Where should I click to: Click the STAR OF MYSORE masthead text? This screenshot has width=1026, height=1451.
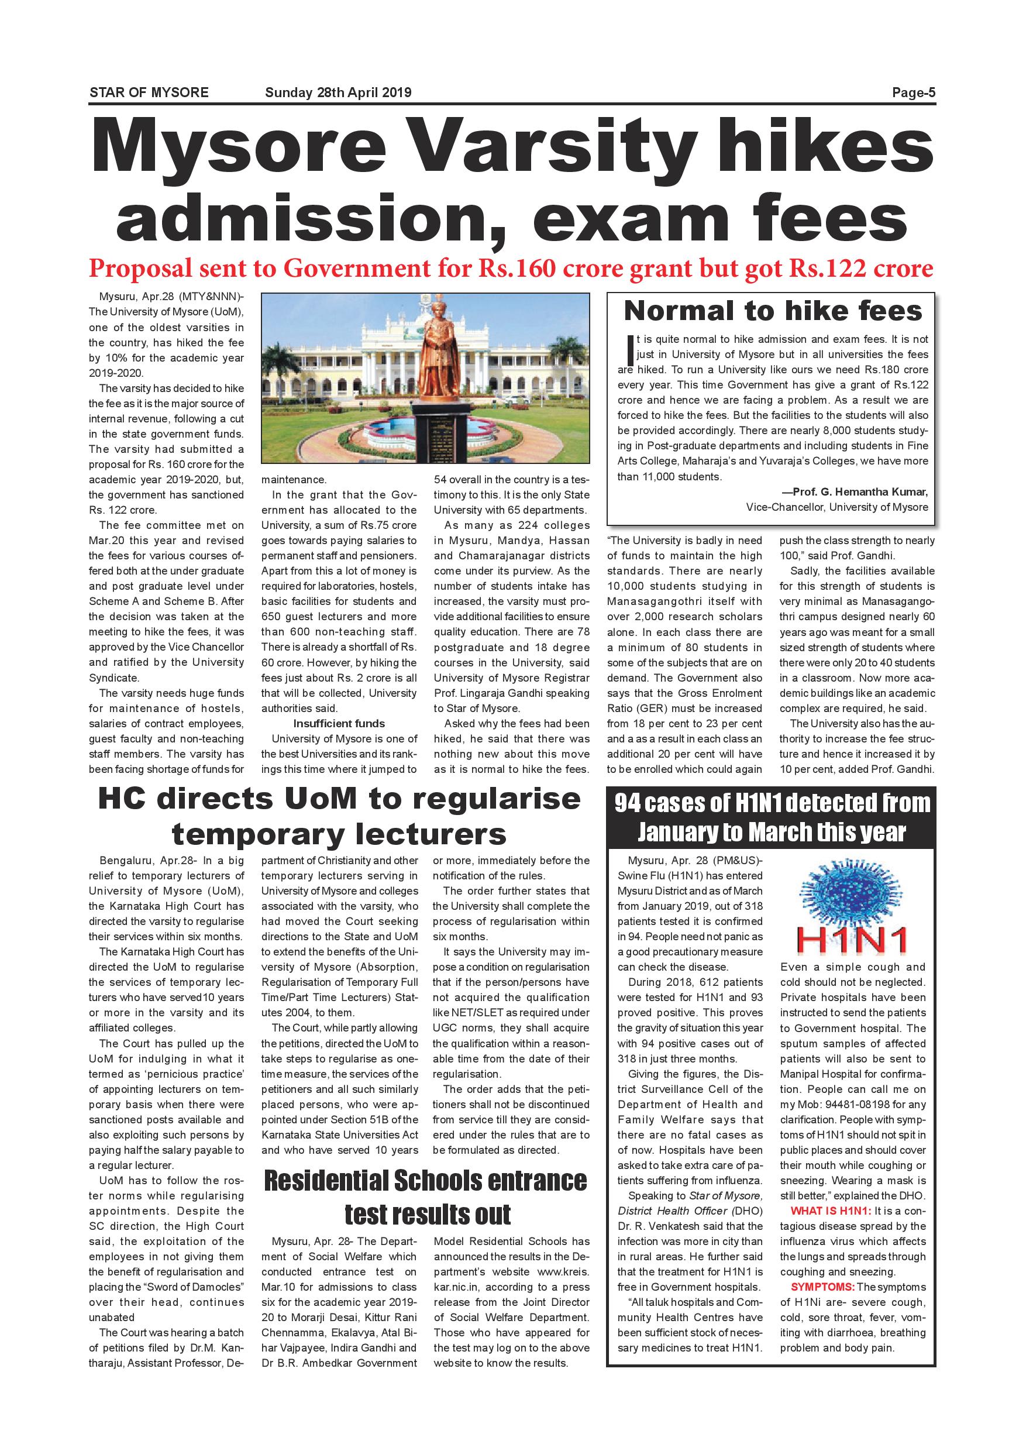(149, 93)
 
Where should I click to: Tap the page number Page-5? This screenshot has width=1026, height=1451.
(914, 93)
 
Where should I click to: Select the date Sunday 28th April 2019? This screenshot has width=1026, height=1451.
(338, 93)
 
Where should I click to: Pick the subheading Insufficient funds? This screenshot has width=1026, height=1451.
(339, 724)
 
